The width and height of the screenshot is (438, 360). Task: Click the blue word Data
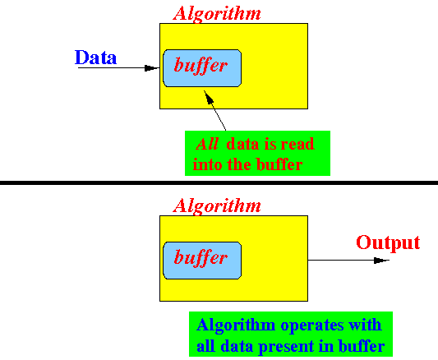coord(95,58)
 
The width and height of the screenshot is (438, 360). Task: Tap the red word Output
coord(388,243)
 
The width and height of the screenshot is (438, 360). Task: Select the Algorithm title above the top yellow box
coord(217,14)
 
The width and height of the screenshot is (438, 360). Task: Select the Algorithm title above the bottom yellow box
coord(217,206)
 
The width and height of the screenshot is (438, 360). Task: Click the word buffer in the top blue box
coord(201,66)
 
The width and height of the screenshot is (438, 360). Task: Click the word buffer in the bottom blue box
coord(201,257)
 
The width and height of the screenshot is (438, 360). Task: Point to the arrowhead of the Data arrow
coord(151,68)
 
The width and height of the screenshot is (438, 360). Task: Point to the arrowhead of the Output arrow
coord(381,261)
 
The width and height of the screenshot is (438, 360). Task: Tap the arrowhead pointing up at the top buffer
coord(209,96)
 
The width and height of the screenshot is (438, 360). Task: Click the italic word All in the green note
coord(207,145)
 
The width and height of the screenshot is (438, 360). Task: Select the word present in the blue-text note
coord(286,347)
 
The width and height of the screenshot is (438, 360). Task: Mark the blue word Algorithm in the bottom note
coord(236,325)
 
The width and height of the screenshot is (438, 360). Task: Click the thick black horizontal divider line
coord(219,182)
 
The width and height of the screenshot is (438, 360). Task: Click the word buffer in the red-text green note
coord(279,164)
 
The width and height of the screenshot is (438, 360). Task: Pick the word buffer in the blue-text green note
coord(362,346)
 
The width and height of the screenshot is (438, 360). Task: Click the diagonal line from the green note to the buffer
coord(214,110)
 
